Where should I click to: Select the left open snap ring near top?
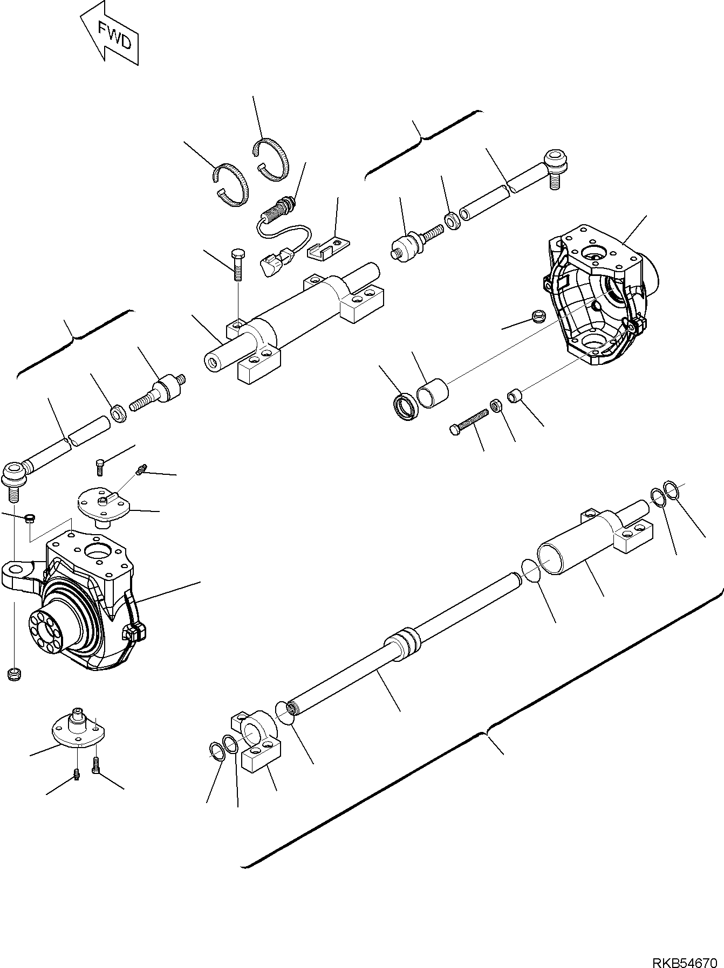229,184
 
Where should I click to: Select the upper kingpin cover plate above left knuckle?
103,504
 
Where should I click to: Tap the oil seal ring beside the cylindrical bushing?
405,405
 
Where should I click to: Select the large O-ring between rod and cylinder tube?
531,571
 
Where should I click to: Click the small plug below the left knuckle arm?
14,673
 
